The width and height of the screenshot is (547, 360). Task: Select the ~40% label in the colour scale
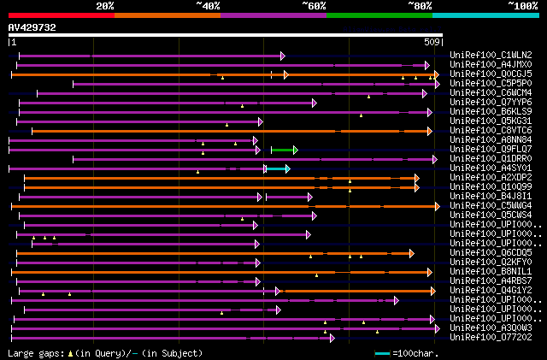pos(209,5)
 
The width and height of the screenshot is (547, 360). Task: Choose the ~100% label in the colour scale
pos(523,5)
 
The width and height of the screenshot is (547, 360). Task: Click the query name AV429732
pos(32,27)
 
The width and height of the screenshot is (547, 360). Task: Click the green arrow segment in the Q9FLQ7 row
pos(284,150)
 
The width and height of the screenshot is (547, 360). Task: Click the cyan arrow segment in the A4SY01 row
pos(277,168)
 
